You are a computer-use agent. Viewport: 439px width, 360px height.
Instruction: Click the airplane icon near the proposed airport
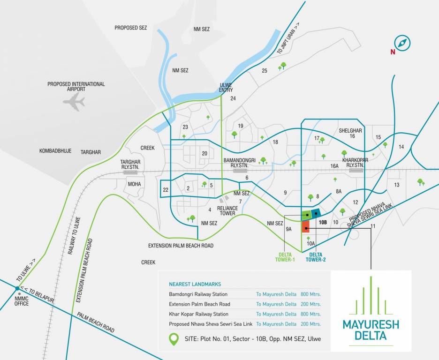point(74,102)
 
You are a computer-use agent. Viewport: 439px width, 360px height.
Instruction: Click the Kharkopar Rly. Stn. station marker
point(356,171)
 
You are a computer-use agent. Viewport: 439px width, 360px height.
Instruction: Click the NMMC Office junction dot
point(17,288)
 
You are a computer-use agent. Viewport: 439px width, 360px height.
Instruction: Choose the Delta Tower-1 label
point(286,257)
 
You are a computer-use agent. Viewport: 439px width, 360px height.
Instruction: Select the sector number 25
point(265,71)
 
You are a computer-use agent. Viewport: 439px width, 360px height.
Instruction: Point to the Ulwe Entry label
point(226,87)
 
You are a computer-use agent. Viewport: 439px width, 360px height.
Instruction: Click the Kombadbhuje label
point(55,151)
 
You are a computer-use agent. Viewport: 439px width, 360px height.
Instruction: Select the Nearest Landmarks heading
point(195,284)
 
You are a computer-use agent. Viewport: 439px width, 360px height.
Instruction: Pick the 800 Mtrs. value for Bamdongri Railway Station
point(310,294)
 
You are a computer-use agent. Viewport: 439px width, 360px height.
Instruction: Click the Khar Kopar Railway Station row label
point(199,314)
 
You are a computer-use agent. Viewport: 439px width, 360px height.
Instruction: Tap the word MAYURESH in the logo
point(371,324)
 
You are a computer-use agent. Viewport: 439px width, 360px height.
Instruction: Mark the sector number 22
point(165,189)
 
